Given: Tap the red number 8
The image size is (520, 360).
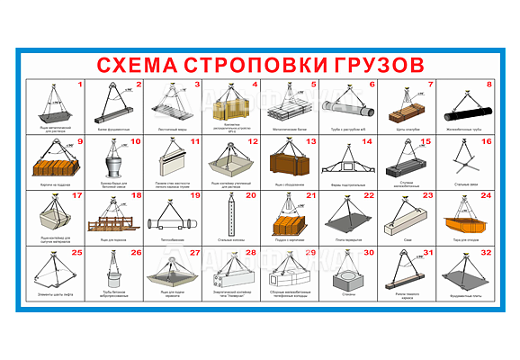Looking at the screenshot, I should click(489, 85).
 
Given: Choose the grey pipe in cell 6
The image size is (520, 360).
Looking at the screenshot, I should click(348, 110).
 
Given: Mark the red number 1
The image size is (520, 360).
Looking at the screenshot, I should click(80, 85).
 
